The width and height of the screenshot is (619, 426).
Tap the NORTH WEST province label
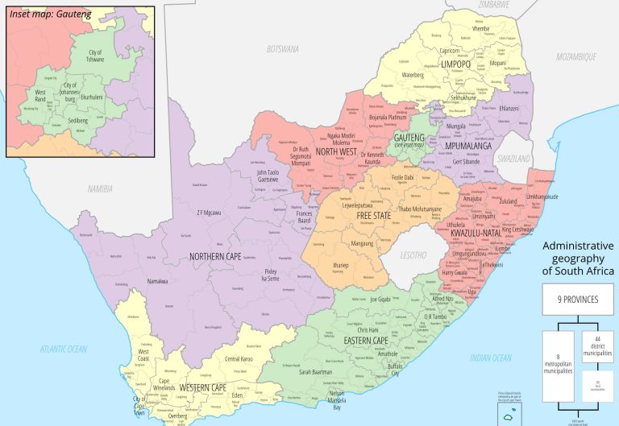pos(335,151)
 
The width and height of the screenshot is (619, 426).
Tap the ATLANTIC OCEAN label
pos(64,349)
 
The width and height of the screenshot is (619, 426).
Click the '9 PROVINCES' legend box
pos(578,299)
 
